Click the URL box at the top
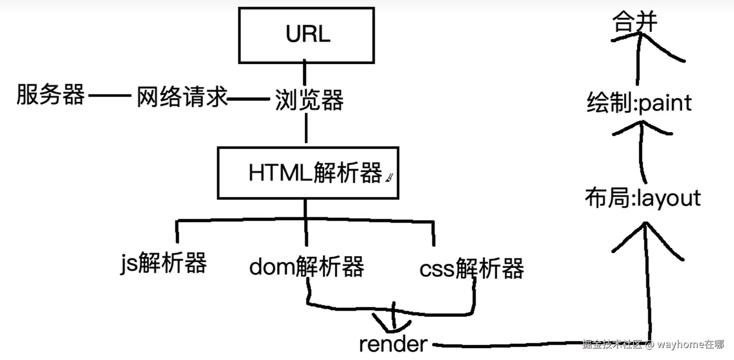point(306,35)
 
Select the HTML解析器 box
point(308,173)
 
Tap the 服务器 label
point(51,95)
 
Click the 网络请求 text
point(182,97)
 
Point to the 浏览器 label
point(309,100)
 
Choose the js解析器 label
point(163,263)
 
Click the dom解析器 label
point(306,267)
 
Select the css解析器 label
point(472,268)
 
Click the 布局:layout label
point(642,198)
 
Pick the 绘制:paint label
point(639,103)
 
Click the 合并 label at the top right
point(634,22)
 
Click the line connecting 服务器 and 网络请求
point(110,96)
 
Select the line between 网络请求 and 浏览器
point(248,98)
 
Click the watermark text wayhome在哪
point(690,344)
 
